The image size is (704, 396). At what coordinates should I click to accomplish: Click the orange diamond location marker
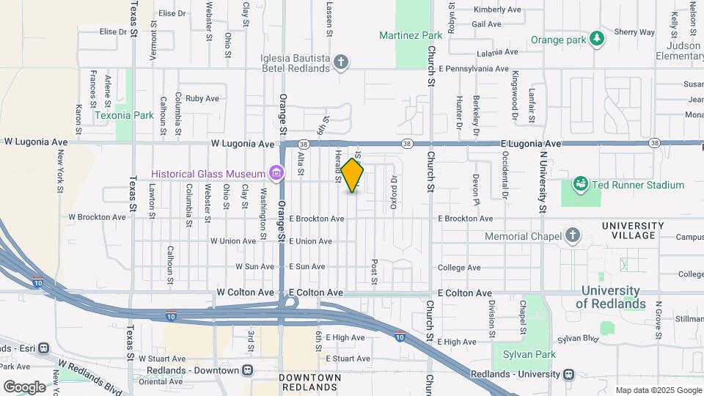click(x=352, y=176)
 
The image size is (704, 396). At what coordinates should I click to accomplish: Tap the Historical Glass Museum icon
click(x=276, y=173)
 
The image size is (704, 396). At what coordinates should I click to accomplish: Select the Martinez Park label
click(x=411, y=35)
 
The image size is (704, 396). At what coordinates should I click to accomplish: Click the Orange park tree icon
click(x=598, y=38)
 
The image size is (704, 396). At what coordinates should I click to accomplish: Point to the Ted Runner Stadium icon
click(x=580, y=183)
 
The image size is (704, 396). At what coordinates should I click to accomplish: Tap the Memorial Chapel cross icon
click(x=573, y=236)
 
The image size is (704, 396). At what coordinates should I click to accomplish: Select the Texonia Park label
click(x=124, y=115)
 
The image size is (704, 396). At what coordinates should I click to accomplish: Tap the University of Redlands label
click(x=611, y=297)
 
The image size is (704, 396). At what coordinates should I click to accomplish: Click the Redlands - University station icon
click(x=568, y=374)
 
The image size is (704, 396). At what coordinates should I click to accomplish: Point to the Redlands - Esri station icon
click(x=43, y=348)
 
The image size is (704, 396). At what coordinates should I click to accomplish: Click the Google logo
click(x=24, y=386)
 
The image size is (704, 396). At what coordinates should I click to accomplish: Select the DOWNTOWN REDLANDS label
click(x=310, y=382)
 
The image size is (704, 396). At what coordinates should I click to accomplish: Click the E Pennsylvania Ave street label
click(x=474, y=69)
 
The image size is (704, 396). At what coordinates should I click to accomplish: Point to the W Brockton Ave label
click(x=97, y=217)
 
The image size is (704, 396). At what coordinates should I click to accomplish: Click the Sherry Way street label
click(x=634, y=32)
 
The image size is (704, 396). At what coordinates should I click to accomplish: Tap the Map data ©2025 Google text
click(x=658, y=390)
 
